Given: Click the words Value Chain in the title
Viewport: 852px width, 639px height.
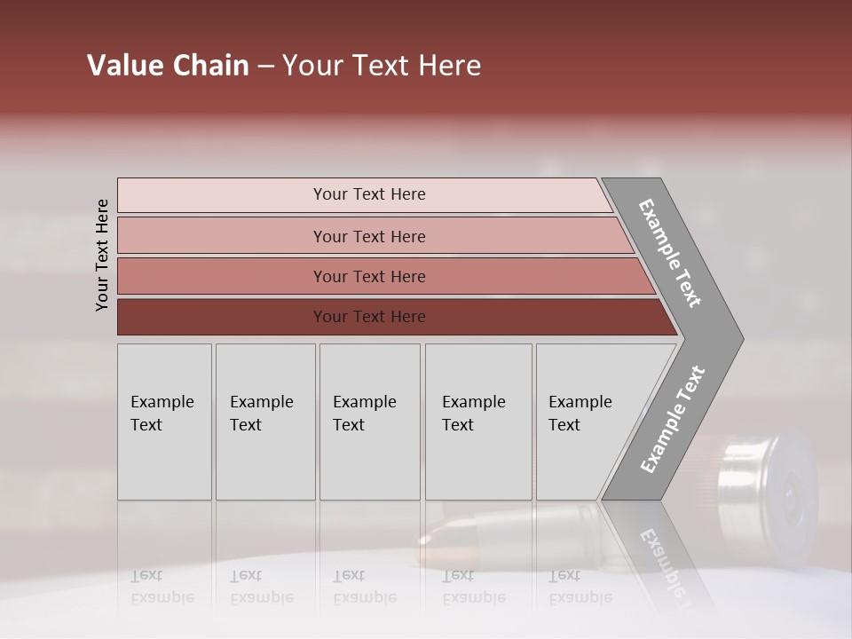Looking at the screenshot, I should [168, 66].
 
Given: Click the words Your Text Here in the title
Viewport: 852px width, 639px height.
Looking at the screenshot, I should [382, 66].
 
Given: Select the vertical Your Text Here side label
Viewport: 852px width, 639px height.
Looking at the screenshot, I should [102, 255].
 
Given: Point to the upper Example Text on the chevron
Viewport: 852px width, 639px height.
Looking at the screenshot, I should [670, 253].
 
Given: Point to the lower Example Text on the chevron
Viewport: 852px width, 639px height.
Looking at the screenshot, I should [672, 419].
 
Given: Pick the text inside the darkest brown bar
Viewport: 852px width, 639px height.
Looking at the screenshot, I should [369, 317].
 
